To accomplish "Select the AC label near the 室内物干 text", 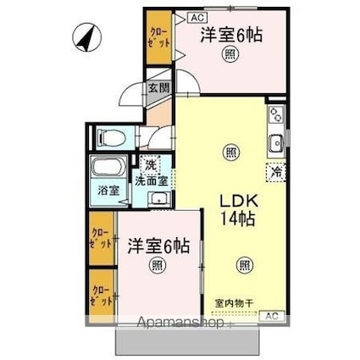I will click(272, 316).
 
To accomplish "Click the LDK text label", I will click(239, 202).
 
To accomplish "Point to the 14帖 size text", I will click(239, 219).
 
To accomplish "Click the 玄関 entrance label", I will click(158, 87).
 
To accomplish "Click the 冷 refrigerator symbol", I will click(277, 172).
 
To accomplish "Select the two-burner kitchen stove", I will click(276, 116).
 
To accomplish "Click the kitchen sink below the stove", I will click(276, 142).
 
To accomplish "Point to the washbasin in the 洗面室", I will click(158, 199).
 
